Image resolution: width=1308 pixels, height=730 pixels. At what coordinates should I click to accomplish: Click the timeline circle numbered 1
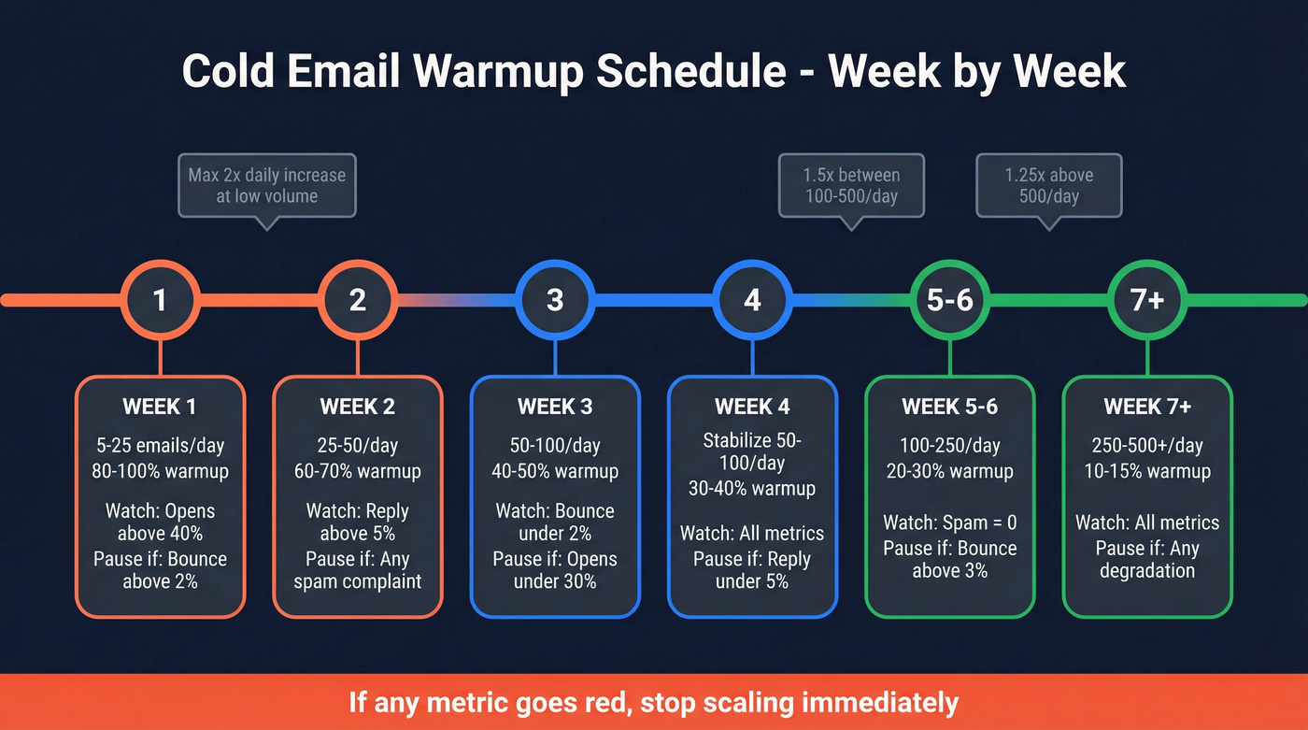(160, 300)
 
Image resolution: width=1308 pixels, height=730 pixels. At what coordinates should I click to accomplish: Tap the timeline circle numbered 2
(357, 300)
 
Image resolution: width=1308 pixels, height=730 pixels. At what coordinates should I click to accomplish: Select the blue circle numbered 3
(555, 300)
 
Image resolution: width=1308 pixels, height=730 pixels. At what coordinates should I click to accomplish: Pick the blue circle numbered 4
(752, 300)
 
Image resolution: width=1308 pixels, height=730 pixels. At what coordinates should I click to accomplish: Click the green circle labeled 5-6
(949, 300)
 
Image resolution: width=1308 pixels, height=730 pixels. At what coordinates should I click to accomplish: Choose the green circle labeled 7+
(1146, 300)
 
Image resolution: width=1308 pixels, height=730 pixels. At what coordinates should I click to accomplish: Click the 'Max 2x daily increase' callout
(266, 185)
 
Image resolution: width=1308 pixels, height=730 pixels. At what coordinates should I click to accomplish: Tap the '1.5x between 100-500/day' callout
(851, 185)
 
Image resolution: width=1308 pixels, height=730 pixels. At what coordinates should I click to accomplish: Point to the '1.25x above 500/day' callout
(1048, 185)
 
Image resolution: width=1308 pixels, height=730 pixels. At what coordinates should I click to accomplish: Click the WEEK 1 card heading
(160, 407)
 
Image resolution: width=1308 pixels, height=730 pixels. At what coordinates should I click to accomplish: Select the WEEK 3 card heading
(555, 407)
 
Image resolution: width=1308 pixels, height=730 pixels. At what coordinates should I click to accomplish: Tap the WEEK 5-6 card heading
(949, 407)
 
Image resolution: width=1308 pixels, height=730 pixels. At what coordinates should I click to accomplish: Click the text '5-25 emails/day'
(160, 446)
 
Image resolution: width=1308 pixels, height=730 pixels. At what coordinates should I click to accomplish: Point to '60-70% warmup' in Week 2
(357, 471)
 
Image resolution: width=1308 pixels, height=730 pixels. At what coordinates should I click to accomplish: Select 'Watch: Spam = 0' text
(949, 522)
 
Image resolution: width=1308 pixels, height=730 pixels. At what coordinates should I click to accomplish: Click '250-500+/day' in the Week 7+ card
(1147, 446)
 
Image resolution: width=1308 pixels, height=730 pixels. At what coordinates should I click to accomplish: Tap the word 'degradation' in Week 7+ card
(1147, 570)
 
